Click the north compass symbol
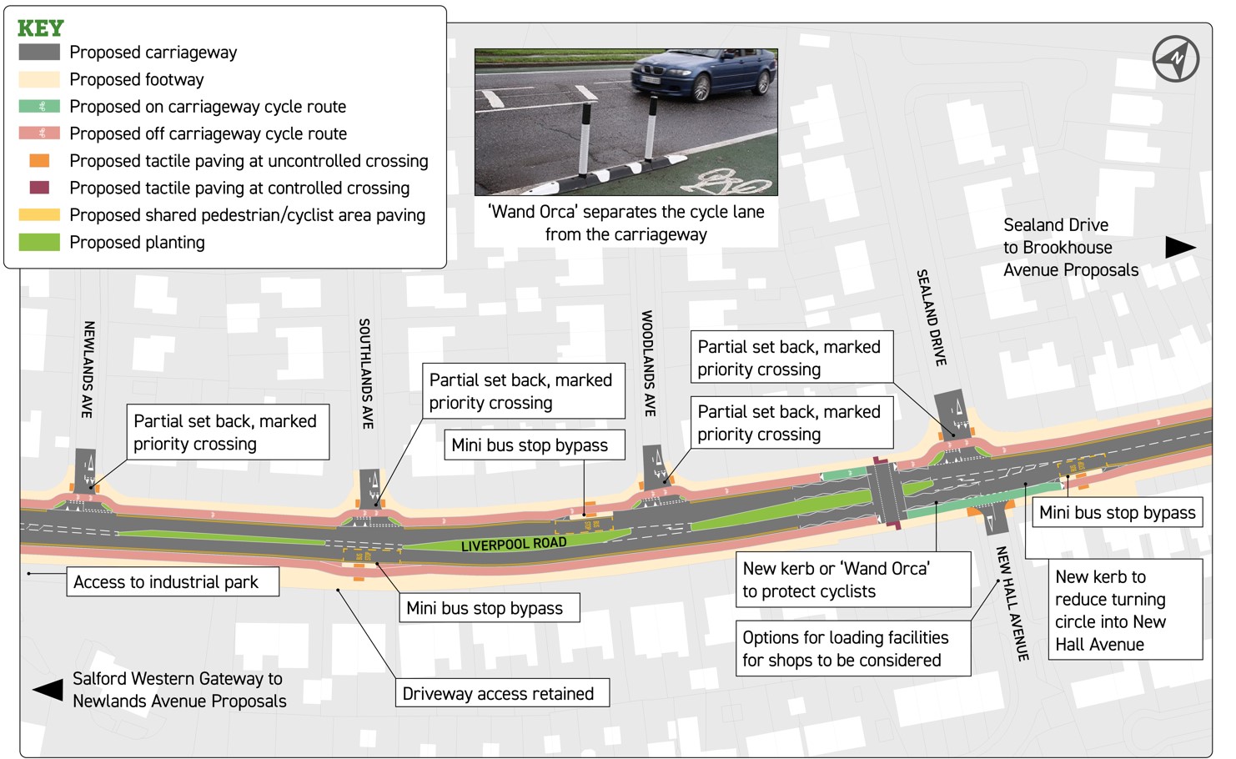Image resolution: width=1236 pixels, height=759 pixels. click(1175, 58)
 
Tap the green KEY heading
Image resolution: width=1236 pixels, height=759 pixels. click(41, 28)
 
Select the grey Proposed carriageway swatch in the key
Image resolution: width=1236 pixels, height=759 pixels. click(39, 52)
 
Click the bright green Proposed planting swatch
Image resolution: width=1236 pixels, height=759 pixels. click(39, 243)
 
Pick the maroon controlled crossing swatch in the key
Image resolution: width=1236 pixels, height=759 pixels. click(39, 188)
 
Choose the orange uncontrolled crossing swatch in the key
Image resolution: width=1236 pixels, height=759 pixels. click(39, 161)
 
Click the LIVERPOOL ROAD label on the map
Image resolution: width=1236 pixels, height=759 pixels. click(514, 545)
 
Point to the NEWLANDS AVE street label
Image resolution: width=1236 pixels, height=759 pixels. click(88, 369)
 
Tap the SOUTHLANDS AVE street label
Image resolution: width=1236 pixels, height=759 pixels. click(366, 374)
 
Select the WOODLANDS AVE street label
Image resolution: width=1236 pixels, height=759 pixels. click(648, 363)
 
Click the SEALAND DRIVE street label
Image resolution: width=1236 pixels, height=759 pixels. click(932, 318)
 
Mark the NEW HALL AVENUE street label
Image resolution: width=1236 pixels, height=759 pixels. click(1012, 603)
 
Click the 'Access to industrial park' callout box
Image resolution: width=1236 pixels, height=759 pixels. click(173, 582)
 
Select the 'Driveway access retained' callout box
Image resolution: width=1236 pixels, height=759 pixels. click(502, 693)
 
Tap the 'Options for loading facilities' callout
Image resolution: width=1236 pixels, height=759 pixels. click(853, 648)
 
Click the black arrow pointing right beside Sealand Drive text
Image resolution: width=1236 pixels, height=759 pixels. click(1180, 247)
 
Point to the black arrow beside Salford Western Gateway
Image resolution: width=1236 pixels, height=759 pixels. click(48, 690)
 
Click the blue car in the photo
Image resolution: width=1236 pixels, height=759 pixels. click(703, 74)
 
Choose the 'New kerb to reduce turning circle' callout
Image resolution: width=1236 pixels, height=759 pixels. click(1126, 610)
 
